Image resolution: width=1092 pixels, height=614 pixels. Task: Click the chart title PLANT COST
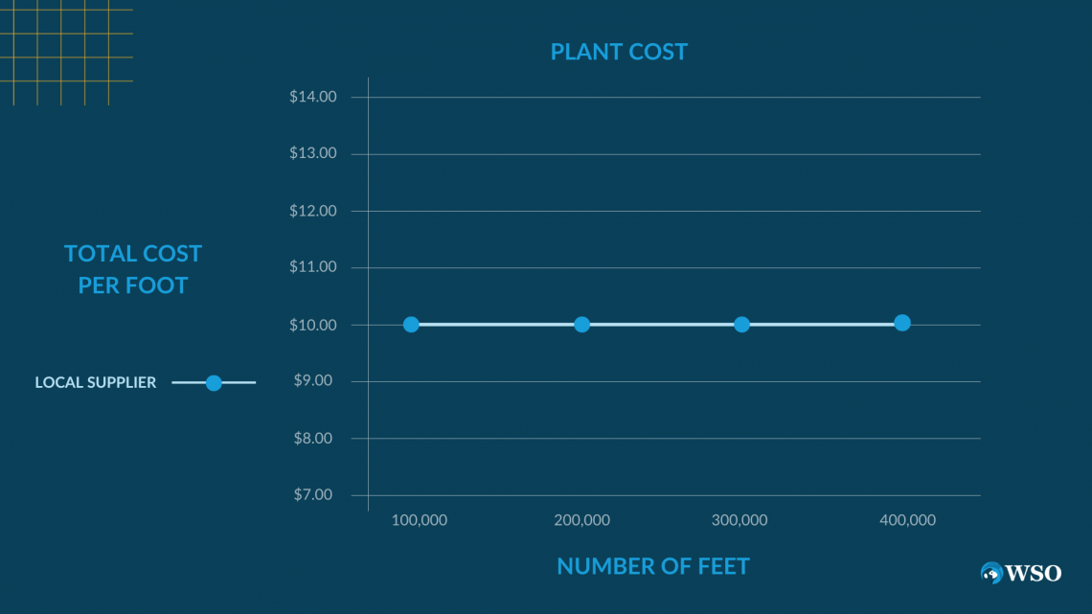[619, 52]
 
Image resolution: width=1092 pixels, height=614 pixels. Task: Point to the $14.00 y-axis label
[312, 97]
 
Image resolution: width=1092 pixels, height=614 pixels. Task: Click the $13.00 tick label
[312, 153]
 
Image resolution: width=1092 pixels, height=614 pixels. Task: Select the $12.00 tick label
[312, 211]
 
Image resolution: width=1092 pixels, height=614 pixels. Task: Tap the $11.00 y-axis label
[312, 267]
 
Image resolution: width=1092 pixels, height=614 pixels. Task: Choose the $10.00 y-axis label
[312, 325]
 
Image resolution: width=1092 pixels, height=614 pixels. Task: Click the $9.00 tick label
[315, 381]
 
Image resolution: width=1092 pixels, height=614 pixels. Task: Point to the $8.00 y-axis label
[315, 439]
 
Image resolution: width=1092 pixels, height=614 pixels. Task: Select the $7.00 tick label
[315, 495]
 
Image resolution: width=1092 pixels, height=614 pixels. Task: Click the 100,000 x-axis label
[420, 520]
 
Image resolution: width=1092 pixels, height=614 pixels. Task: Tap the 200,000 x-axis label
[581, 520]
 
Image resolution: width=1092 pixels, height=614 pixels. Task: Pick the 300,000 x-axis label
[739, 520]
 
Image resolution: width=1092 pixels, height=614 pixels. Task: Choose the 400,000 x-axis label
[907, 520]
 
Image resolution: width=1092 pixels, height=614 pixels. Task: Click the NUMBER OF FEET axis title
[653, 566]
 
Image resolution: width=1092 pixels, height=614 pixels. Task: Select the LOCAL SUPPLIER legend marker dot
[214, 383]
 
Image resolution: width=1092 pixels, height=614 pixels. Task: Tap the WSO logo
[1021, 573]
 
